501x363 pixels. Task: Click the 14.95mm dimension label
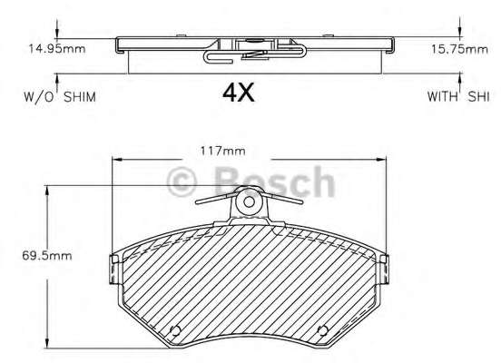(57, 49)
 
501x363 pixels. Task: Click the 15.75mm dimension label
(460, 49)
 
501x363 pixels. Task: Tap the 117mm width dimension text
(222, 151)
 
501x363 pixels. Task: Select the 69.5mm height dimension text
(47, 256)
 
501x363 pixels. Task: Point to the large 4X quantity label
(239, 93)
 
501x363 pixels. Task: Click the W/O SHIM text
(60, 97)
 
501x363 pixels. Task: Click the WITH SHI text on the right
(458, 96)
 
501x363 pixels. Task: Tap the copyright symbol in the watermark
(182, 181)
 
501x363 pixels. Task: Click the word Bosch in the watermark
(275, 181)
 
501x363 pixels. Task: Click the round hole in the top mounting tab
(249, 202)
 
